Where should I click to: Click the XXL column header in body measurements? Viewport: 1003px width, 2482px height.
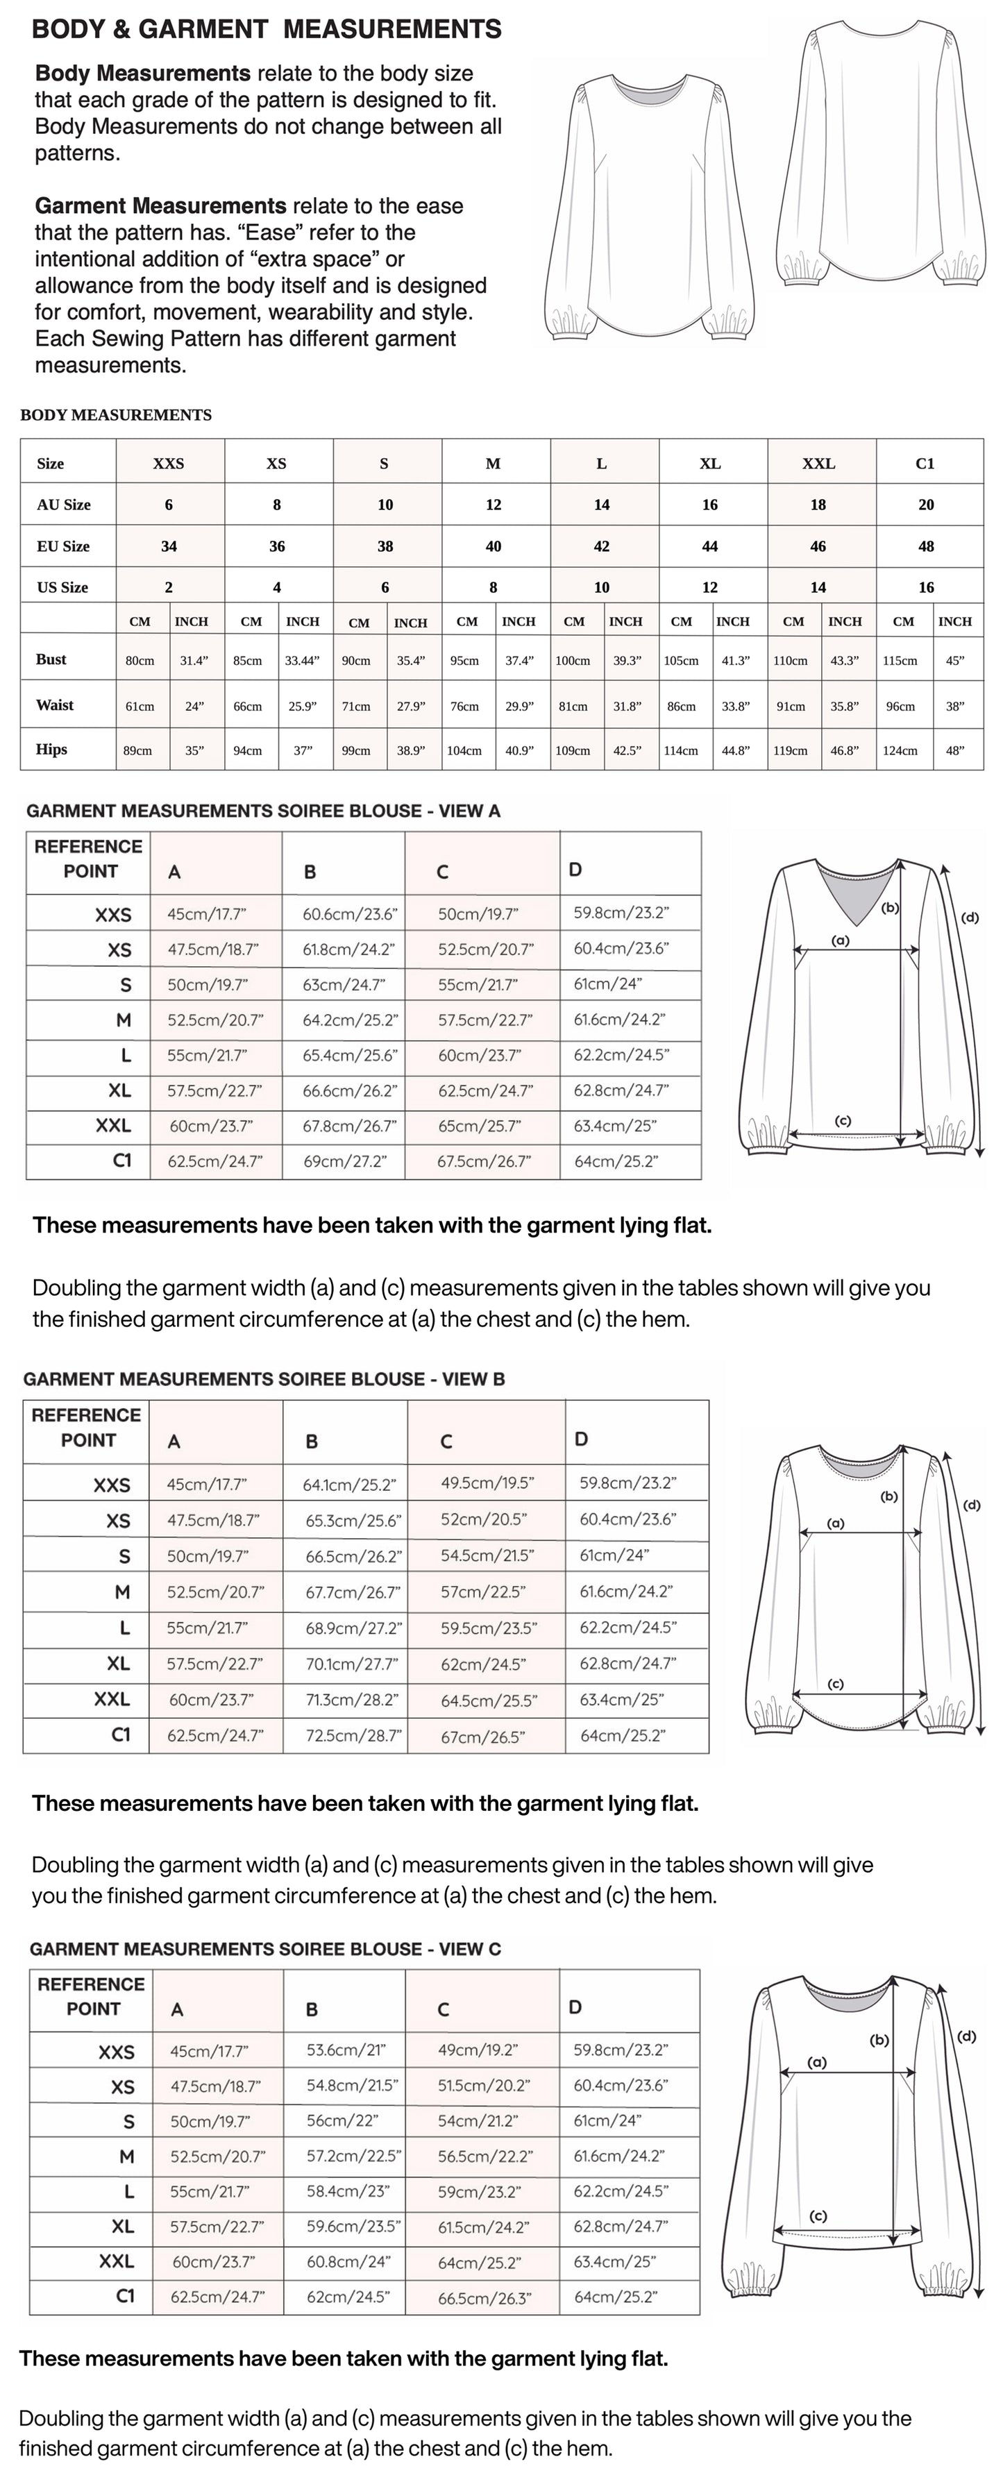(x=818, y=464)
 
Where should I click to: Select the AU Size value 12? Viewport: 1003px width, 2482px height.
(x=494, y=505)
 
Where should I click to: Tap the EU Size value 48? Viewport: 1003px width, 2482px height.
(x=926, y=546)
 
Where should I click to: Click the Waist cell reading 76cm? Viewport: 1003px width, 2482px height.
(x=464, y=707)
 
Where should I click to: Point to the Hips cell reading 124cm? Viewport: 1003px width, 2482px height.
(x=901, y=750)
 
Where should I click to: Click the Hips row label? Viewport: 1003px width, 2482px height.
(x=52, y=750)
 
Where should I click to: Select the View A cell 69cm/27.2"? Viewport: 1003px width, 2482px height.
(x=345, y=1162)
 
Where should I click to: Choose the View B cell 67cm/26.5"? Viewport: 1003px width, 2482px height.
(x=482, y=1737)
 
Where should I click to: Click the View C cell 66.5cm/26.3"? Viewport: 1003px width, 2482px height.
(x=484, y=2298)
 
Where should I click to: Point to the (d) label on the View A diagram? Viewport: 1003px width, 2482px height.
(x=969, y=918)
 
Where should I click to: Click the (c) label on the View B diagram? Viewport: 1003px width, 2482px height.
(x=835, y=1683)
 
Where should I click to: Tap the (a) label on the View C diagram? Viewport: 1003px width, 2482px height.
(x=817, y=2062)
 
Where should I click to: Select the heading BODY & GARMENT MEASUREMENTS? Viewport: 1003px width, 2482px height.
(x=267, y=30)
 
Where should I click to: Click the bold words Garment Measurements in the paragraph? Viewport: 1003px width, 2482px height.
(x=160, y=206)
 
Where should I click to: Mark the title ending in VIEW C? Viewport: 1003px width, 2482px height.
(x=265, y=1949)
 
